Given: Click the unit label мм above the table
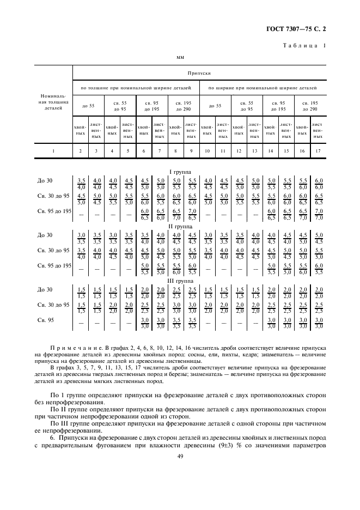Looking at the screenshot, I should (x=180, y=56).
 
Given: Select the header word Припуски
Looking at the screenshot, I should (x=199, y=72).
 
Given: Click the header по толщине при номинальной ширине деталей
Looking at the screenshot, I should (x=135, y=87).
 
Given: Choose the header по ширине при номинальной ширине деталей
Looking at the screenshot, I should (x=263, y=87).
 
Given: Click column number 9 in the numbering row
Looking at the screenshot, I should (x=191, y=149).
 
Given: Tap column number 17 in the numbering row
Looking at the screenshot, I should (x=318, y=149).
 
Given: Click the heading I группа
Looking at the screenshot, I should (x=184, y=172).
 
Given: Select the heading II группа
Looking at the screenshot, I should (x=184, y=226).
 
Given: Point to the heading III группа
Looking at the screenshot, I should (x=184, y=281).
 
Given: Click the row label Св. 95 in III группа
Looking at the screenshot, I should (x=45, y=320).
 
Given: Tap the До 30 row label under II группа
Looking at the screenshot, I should (x=45, y=235).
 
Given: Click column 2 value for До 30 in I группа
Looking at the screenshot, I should (x=81, y=183).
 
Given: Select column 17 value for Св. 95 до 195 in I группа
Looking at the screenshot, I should (x=318, y=214).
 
